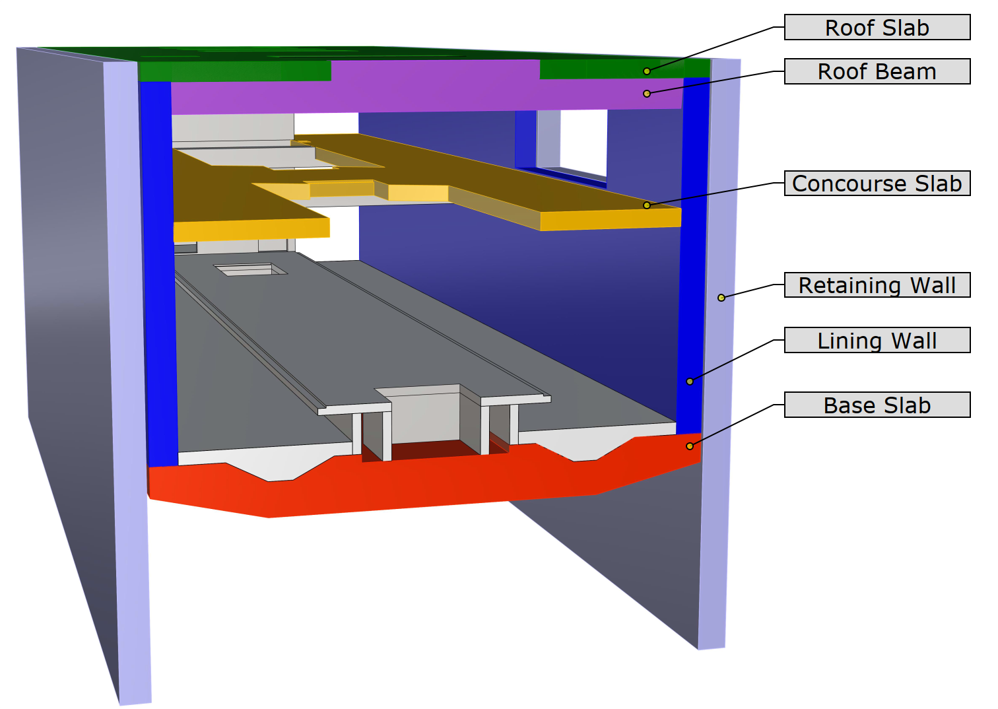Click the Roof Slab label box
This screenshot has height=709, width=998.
point(877,27)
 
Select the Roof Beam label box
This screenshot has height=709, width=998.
point(877,71)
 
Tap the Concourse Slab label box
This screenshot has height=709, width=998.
point(877,183)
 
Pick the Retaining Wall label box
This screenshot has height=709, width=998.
point(877,285)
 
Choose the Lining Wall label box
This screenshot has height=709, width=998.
point(877,340)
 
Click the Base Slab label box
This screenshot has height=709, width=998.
point(877,405)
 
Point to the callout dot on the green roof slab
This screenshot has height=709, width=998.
point(647,71)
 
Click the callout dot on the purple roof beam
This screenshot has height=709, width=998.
point(647,94)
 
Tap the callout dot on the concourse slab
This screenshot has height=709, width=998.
point(647,205)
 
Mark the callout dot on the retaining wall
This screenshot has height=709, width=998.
point(721,298)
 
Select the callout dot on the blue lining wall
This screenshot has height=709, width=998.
point(690,382)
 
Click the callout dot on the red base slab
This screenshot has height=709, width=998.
point(690,446)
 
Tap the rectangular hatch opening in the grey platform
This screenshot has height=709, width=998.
point(250,269)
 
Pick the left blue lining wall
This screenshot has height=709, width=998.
point(158,272)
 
